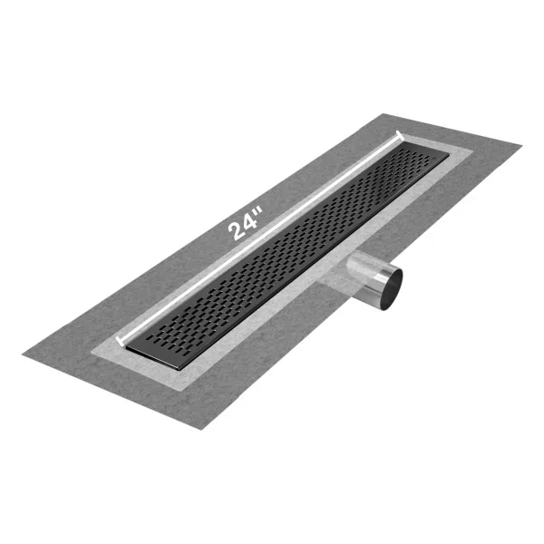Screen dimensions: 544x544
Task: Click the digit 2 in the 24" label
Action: coord(237,231)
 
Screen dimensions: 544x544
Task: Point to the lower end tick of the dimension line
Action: coord(118,341)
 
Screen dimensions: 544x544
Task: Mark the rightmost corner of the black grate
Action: coord(450,161)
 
